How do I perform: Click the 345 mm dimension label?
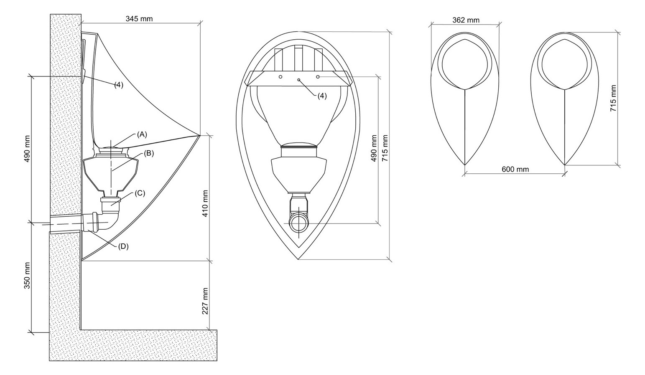139,18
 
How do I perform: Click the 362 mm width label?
465,20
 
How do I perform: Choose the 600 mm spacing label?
515,169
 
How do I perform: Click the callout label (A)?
142,134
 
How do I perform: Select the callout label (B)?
149,153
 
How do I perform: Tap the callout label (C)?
140,193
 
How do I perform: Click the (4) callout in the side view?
119,84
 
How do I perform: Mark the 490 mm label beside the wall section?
27,149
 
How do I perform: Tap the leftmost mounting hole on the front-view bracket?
280,77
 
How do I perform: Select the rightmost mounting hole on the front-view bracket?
318,77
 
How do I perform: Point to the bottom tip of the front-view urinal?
298,259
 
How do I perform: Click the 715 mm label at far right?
613,98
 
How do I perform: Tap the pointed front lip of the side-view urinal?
200,135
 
